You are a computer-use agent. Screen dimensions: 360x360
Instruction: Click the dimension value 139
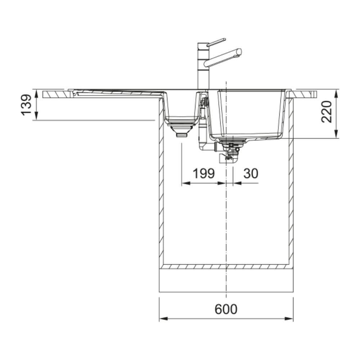[x=26, y=104]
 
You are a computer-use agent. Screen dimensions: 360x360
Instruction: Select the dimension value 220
[x=327, y=112]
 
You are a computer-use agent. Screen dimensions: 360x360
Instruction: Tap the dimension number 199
[x=204, y=174]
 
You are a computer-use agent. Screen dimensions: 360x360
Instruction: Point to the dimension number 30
[x=251, y=174]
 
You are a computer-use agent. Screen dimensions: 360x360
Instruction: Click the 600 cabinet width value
[x=226, y=309]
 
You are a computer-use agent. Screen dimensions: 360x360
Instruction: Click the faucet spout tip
[x=239, y=51]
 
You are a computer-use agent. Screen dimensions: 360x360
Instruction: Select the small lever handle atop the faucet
[x=216, y=42]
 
